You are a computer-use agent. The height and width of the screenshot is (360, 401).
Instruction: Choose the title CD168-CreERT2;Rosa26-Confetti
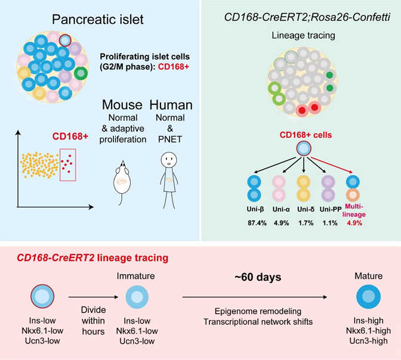click(x=301, y=15)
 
